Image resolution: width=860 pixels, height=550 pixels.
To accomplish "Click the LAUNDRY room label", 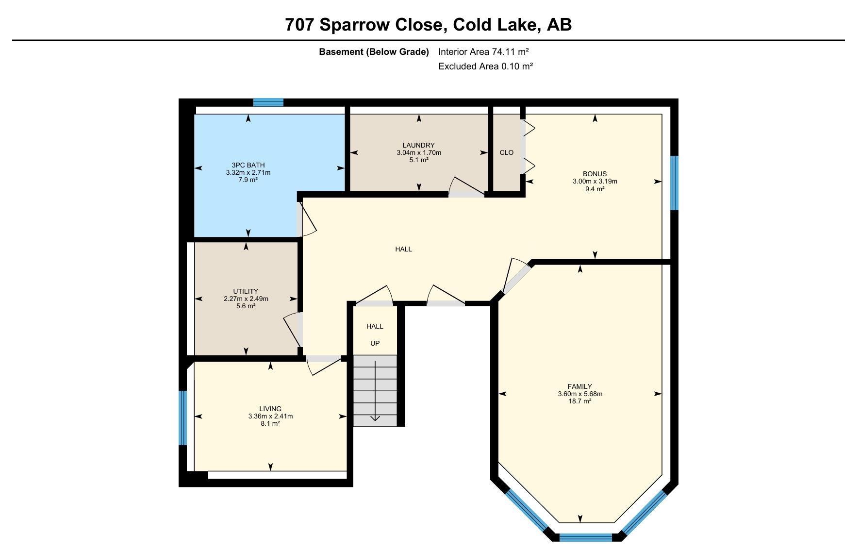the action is click(x=418, y=145).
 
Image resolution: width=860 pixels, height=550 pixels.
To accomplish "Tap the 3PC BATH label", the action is click(x=248, y=165).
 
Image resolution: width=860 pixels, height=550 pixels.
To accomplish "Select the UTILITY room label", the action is click(x=246, y=291).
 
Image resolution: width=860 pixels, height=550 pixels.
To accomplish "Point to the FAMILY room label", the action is click(x=580, y=386).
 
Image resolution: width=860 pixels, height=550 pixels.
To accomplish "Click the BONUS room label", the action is click(x=595, y=174).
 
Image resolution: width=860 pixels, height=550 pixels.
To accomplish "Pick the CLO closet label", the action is click(x=506, y=152).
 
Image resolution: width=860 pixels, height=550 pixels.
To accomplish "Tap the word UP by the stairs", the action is click(x=375, y=343).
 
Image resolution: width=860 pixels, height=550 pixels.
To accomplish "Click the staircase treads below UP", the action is click(x=375, y=391).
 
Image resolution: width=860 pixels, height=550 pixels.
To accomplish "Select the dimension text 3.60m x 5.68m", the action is click(x=580, y=394).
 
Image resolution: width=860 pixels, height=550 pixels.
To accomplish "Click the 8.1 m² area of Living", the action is click(x=270, y=423).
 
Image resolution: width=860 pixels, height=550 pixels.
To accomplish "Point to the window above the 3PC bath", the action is click(x=268, y=102).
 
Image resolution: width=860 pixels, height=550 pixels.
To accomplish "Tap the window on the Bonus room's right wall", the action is click(x=674, y=183).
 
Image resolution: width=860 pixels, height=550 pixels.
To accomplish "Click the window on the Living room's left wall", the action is click(x=182, y=418).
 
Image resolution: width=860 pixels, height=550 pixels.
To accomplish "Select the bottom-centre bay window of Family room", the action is click(x=586, y=537).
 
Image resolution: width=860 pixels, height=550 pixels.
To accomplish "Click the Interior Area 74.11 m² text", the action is click(x=483, y=51).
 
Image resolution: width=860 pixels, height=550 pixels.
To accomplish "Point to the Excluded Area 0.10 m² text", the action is click(x=485, y=66).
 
